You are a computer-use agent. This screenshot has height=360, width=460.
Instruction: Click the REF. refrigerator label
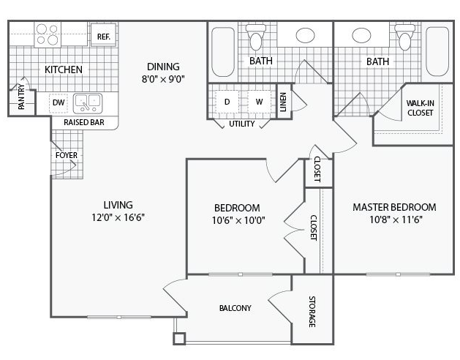(104, 37)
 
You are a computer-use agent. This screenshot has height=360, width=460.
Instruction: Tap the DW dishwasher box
(59, 102)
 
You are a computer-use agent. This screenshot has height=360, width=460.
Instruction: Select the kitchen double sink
(88, 103)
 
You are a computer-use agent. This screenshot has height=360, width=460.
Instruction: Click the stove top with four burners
(48, 34)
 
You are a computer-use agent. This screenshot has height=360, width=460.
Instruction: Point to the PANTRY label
(21, 97)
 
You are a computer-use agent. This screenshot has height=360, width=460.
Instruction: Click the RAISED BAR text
(84, 122)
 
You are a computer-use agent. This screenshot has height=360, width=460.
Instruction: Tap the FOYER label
(67, 155)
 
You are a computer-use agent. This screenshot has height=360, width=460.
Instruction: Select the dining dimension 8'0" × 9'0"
(163, 79)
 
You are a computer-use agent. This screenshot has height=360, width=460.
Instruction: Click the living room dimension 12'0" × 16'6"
(118, 217)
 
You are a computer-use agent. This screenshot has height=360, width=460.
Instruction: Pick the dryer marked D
(227, 102)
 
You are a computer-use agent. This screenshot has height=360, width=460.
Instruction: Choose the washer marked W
(259, 102)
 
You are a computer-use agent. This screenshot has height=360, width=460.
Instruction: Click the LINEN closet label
(283, 102)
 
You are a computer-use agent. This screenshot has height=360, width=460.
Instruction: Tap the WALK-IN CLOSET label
(420, 108)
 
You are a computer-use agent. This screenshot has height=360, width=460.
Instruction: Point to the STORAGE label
(312, 312)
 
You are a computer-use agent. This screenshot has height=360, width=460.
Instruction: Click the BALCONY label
(235, 308)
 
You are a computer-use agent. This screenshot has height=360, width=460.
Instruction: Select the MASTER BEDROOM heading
(394, 207)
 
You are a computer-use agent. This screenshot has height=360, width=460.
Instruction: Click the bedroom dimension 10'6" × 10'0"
(238, 220)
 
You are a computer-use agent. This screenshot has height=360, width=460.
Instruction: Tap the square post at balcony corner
(179, 339)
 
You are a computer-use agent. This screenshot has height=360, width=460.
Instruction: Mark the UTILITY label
(242, 124)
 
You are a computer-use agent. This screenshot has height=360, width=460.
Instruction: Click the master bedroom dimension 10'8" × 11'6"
(396, 220)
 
